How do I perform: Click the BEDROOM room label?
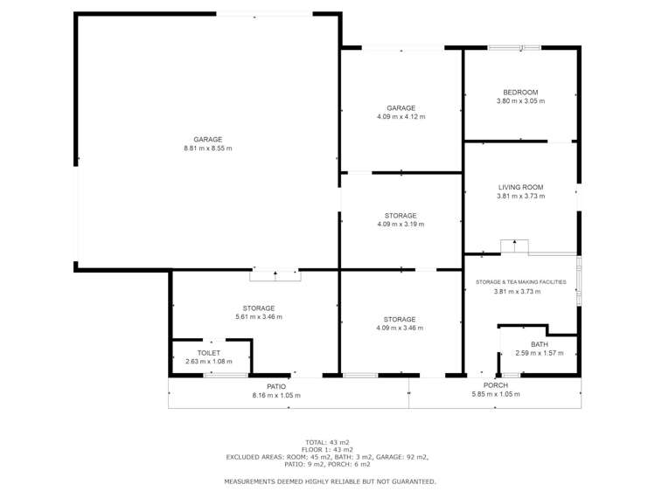[x=520, y=93]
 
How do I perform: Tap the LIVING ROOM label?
[x=520, y=187]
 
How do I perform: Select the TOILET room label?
[x=208, y=353]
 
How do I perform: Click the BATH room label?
[x=540, y=344]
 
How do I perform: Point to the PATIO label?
[x=276, y=387]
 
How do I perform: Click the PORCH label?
[x=496, y=385]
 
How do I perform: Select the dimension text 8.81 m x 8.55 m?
[x=207, y=149]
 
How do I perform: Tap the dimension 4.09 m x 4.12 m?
[x=401, y=117]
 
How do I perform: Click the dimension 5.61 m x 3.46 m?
[x=259, y=316]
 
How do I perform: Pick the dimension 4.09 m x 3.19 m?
[x=401, y=224]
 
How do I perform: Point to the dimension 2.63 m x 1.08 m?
[x=208, y=362]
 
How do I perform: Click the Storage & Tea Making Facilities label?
[x=521, y=282]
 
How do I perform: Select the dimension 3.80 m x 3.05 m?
[x=520, y=101]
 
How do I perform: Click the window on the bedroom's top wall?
[x=514, y=48]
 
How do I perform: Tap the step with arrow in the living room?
[x=514, y=246]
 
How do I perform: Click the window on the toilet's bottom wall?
[x=226, y=376]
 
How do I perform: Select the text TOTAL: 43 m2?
[x=327, y=442]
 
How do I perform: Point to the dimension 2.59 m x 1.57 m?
[x=540, y=353]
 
